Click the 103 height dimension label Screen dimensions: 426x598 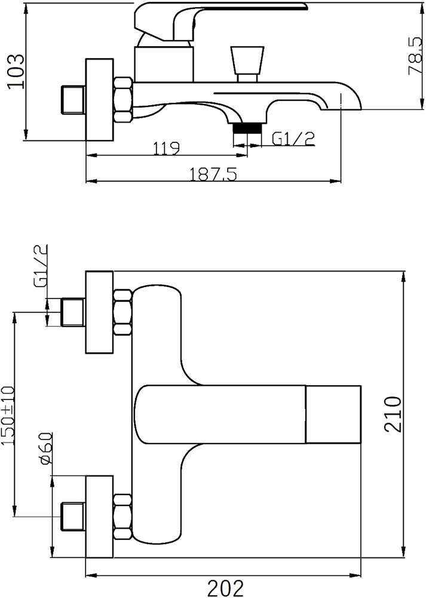click(x=16, y=71)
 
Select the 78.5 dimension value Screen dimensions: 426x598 click(x=415, y=56)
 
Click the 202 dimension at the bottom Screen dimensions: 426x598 click(x=226, y=588)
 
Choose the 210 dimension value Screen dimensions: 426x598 click(x=393, y=414)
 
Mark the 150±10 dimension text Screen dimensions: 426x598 click(x=8, y=416)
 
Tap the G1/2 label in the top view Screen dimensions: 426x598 click(x=41, y=266)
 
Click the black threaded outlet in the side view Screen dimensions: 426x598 click(x=247, y=128)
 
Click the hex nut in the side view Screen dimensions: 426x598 click(x=123, y=100)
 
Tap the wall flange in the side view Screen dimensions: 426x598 click(x=99, y=99)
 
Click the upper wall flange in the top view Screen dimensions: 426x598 click(x=99, y=313)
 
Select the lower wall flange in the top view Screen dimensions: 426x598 click(x=99, y=517)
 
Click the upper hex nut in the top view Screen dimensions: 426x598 click(x=122, y=313)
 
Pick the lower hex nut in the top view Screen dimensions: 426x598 click(x=122, y=517)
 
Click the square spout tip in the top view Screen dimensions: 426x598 click(x=333, y=414)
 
